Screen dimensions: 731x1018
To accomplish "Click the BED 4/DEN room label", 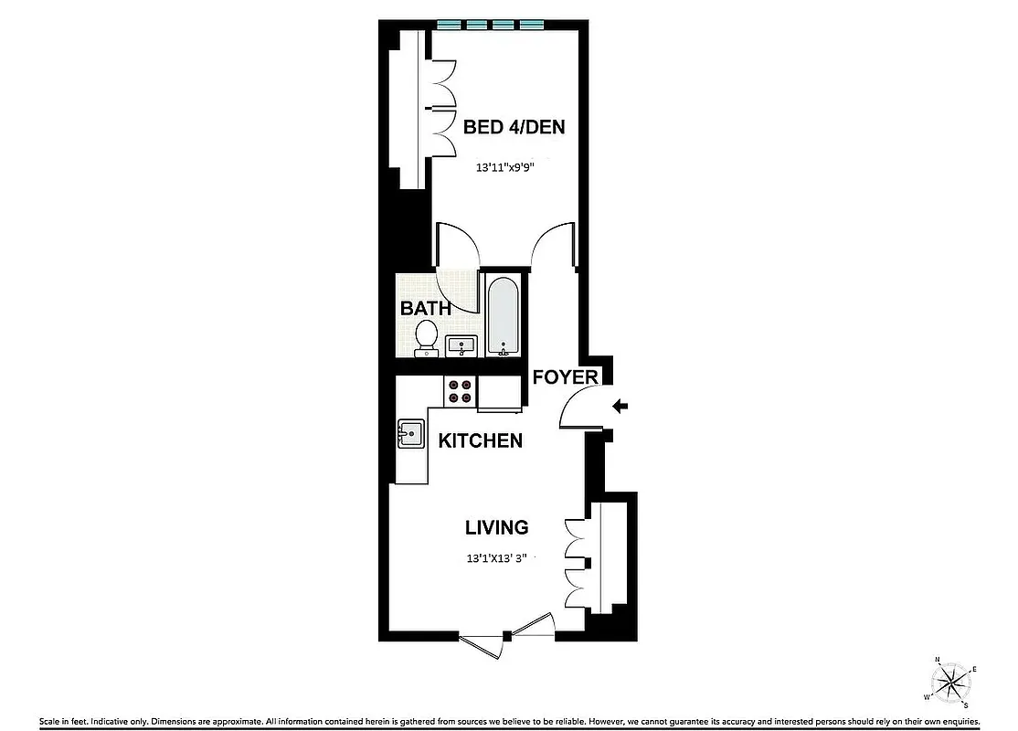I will point(514,127).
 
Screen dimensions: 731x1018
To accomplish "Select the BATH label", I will point(425,308).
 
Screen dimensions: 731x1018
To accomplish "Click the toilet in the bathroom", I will point(425,336).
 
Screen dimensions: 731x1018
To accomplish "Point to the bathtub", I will point(502,315).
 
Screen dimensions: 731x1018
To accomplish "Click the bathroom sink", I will point(461,345).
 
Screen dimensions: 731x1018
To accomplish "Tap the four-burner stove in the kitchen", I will point(461,391).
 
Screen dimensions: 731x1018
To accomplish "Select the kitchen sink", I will point(410,433).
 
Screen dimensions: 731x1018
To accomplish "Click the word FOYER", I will point(566,377).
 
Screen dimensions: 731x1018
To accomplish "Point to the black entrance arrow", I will point(620,407).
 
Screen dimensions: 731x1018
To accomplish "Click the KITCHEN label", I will point(481,440).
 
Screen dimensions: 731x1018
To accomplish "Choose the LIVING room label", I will point(497,527).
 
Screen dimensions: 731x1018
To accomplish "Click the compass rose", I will point(952,680).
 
